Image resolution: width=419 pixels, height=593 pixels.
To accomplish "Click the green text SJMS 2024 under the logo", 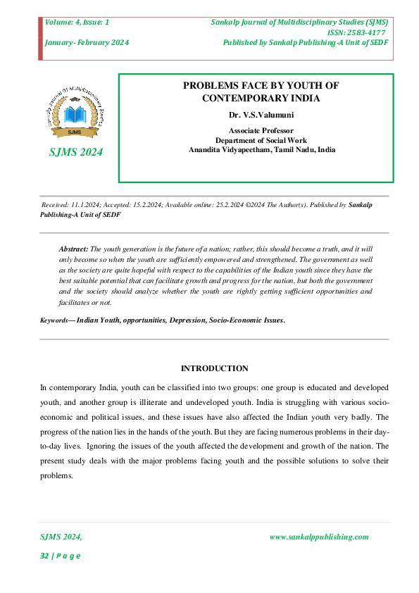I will click(x=74, y=152).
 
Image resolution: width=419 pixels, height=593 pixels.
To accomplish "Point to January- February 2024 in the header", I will click(x=87, y=42).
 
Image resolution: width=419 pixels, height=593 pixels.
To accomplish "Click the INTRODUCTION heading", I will click(x=215, y=368).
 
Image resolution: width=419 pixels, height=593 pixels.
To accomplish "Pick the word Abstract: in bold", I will click(x=73, y=249).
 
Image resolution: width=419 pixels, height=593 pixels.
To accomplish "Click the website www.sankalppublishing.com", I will click(x=319, y=537).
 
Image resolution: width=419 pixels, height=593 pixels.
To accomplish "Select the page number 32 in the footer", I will click(x=44, y=556).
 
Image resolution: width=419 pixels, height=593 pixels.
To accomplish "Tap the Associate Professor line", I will click(x=261, y=130).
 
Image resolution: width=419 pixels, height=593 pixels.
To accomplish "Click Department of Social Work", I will click(x=261, y=139).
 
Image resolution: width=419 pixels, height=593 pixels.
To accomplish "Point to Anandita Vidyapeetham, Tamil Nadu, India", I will click(x=262, y=149).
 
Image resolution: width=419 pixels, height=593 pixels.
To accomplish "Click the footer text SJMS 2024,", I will click(x=61, y=537).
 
